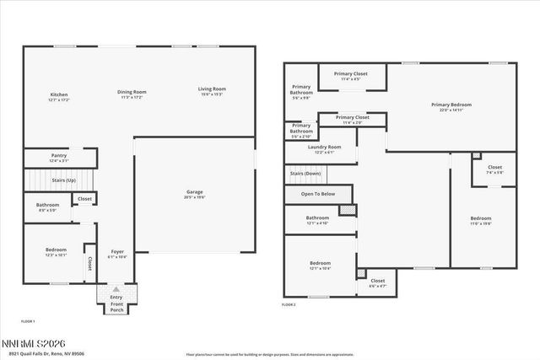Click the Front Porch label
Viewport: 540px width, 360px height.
(116, 306)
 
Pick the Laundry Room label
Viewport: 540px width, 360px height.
(325, 148)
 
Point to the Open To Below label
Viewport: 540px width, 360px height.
(318, 194)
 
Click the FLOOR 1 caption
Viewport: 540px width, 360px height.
(28, 321)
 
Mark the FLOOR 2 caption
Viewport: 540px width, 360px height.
(289, 304)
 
